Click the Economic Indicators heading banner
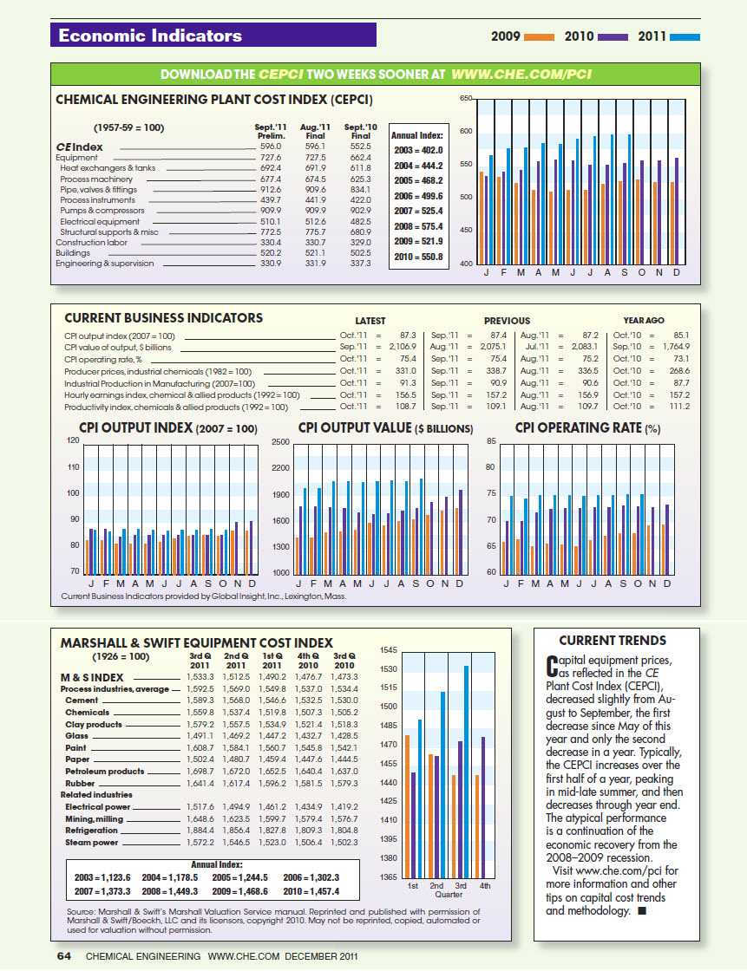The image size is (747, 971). (x=213, y=36)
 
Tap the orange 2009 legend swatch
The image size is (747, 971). (x=539, y=37)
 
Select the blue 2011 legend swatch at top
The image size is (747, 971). (x=685, y=37)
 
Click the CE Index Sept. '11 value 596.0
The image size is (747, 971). (x=272, y=147)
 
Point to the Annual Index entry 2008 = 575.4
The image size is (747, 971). (x=418, y=226)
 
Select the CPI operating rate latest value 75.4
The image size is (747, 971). (x=406, y=358)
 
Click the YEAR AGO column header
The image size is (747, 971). (x=643, y=321)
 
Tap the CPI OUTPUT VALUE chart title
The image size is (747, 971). (x=385, y=428)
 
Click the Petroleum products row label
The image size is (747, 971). (x=105, y=771)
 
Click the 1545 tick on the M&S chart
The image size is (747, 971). (x=389, y=649)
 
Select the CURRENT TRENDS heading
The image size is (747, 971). (x=613, y=641)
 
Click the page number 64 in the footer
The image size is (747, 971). (x=63, y=956)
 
